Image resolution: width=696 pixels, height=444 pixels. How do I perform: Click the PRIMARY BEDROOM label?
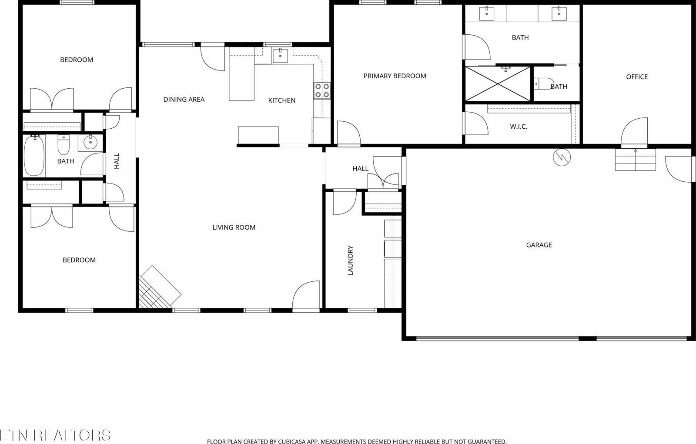pos(395,76)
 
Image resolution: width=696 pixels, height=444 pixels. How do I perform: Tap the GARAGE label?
pos(539,245)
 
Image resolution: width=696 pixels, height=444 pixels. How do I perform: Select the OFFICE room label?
pos(636,77)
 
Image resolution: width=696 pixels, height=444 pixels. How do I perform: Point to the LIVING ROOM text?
pos(234,227)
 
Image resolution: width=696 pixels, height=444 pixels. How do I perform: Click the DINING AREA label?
pos(184,100)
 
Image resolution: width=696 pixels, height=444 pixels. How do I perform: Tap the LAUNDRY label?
pos(350,260)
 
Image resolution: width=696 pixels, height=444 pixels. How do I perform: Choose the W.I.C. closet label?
pos(519,127)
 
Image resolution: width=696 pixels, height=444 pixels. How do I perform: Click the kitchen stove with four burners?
pos(322,90)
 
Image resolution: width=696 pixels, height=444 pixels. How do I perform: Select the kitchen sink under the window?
pos(281,56)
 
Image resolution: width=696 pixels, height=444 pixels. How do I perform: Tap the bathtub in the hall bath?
pos(34,155)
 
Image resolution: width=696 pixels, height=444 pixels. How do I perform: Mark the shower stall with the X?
pos(498,84)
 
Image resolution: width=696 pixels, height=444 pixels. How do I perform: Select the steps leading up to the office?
pos(635,160)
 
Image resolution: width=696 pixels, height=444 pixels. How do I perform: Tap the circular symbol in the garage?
pos(562,157)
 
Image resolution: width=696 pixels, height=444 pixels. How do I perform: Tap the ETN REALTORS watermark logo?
pos(55,435)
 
